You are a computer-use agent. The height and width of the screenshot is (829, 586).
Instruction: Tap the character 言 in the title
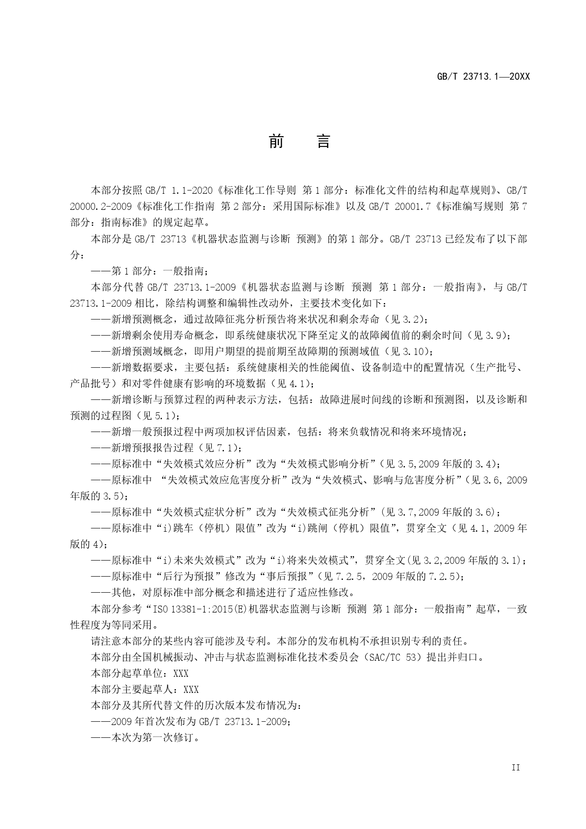tap(323, 141)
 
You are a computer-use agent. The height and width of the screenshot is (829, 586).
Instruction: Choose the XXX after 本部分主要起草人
tap(191, 690)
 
